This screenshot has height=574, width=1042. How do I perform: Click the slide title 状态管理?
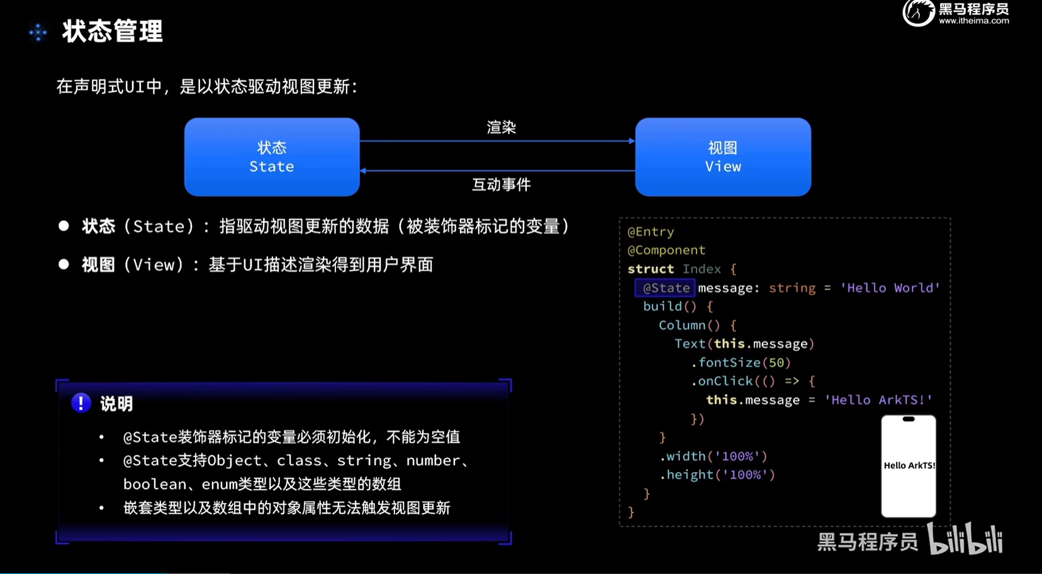coord(113,31)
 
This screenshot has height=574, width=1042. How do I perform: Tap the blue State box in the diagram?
coord(272,157)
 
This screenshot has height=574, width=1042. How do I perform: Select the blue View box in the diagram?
coord(723,157)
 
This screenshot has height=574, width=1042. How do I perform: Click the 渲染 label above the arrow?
coord(501,128)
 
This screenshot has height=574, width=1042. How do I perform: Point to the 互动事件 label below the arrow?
coord(501,184)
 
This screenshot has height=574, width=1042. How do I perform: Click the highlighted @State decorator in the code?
coord(666,288)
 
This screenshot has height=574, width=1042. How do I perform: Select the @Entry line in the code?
coord(651,232)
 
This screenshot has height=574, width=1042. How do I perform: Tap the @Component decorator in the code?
coord(666,250)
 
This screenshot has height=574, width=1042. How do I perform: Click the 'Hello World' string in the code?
coord(890,288)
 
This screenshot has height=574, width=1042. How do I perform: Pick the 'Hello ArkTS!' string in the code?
coord(878,400)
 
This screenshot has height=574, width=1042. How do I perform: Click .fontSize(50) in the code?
coord(741,363)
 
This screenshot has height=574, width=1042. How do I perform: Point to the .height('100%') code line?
coord(717,475)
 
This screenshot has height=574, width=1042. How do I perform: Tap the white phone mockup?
coord(909,466)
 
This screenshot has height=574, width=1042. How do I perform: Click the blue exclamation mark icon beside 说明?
coord(81,403)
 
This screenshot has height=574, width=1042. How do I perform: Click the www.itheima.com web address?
coord(973,21)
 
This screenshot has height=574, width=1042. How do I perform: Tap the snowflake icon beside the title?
coord(38,32)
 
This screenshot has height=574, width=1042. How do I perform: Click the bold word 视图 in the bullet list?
coord(98,265)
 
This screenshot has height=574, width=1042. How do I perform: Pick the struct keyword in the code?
coord(651,269)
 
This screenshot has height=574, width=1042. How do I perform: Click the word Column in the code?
coord(682,325)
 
